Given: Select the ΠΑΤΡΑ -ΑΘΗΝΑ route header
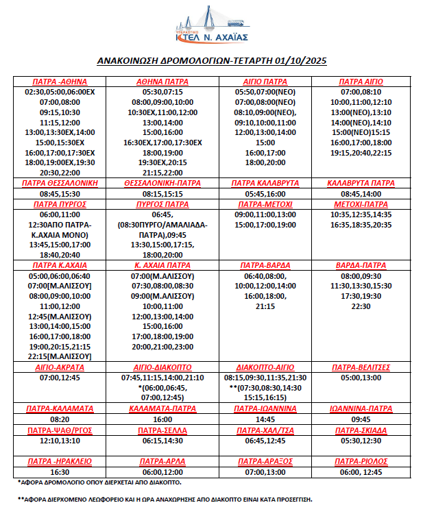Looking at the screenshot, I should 60,82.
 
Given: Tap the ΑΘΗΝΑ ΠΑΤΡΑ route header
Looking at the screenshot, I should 162,82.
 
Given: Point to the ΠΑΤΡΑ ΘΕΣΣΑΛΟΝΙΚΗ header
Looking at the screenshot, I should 60,184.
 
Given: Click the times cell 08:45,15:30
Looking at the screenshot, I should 60,194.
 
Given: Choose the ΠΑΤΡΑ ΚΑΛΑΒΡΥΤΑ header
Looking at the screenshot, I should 265,184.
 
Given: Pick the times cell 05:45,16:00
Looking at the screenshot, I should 265,194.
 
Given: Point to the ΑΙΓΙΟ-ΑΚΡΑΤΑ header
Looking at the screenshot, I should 60,367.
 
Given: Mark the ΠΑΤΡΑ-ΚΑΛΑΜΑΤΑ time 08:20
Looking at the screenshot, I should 60,418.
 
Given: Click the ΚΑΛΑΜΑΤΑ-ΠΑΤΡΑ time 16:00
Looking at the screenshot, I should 162,418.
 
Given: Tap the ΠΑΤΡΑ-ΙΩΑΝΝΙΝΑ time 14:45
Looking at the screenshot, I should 265,418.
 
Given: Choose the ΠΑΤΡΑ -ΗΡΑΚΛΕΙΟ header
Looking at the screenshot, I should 60,461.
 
